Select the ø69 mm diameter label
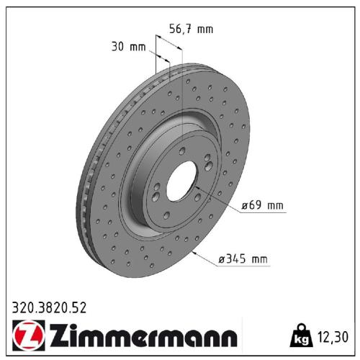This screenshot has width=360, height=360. click(264, 206)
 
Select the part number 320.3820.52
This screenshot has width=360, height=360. click(49, 307)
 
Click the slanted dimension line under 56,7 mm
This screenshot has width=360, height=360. click(167, 50)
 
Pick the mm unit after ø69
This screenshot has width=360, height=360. click(275, 206)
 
